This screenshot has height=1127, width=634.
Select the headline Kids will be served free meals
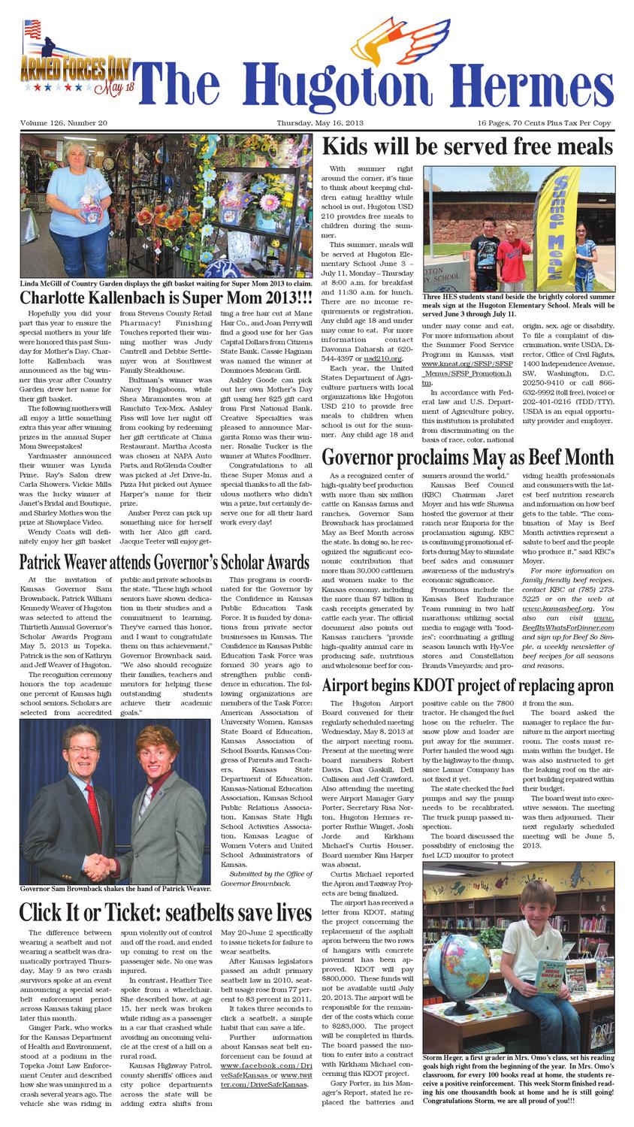click(x=467, y=146)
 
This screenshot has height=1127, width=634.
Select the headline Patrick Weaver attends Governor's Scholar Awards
click(x=165, y=563)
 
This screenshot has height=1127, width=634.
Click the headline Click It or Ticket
click(x=165, y=912)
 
